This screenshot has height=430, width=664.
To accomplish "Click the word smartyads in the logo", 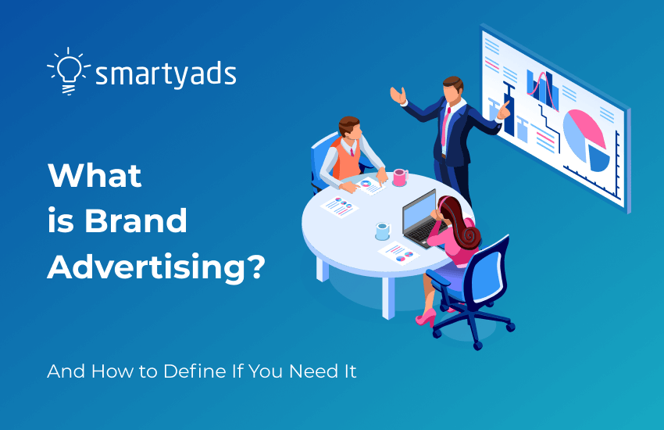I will coord(166,75).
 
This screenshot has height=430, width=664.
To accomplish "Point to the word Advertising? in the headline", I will coord(156,268).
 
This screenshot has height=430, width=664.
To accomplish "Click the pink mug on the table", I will coord(399,177).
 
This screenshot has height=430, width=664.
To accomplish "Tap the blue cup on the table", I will coord(382,231).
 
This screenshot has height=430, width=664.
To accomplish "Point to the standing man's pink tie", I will coord(447,125).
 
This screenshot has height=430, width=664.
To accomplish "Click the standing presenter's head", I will coord(452,88).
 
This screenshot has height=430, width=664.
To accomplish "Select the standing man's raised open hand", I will coord(398,95).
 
